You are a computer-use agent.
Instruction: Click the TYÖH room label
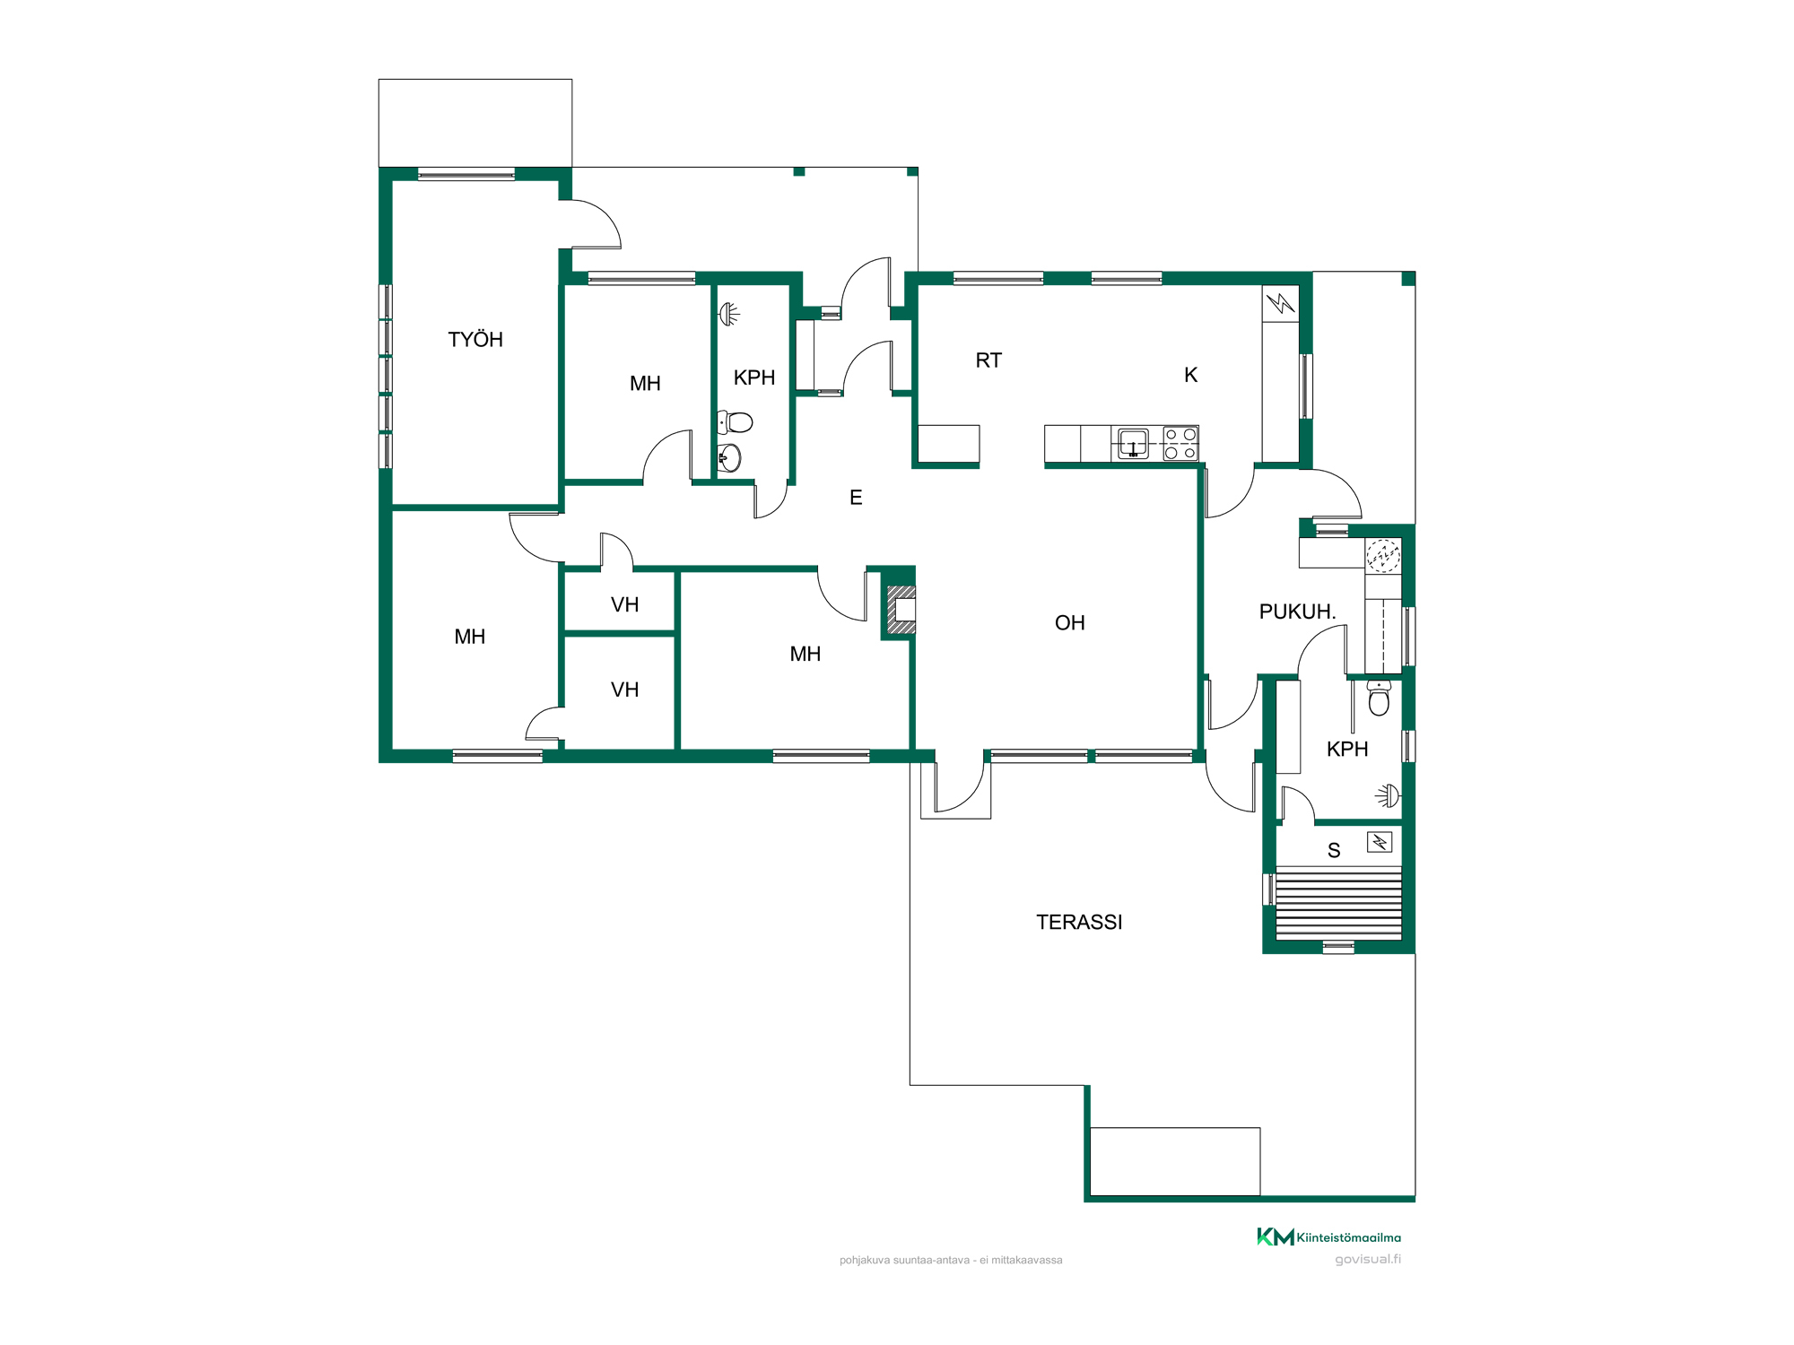coord(475,339)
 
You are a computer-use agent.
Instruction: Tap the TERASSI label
coord(1079,922)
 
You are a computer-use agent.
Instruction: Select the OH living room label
coord(1069,622)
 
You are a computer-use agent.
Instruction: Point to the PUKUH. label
coord(1297,612)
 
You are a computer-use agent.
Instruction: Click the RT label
coord(988,360)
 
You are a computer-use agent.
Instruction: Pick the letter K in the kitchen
coord(1190,375)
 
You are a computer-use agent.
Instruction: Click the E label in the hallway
coord(856,498)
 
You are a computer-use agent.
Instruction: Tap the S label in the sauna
coord(1334,850)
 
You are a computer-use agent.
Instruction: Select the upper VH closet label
coord(624,604)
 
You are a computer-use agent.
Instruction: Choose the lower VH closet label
coord(624,690)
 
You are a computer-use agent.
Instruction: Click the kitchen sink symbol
coord(1133,444)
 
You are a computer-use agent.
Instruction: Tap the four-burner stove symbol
coord(1180,444)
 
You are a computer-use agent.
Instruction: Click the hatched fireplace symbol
coord(901,611)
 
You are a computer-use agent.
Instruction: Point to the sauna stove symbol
coord(1380,842)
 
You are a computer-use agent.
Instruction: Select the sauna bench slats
coord(1338,903)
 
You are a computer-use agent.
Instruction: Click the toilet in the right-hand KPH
coord(1379,698)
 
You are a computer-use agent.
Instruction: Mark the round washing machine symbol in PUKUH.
coord(1383,556)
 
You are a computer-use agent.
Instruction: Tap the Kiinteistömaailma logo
coord(1328,1237)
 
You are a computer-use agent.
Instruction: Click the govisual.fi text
coord(1368,1259)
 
